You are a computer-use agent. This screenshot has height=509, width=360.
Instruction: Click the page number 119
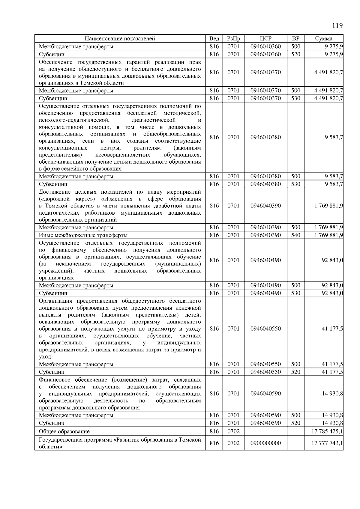[337, 25]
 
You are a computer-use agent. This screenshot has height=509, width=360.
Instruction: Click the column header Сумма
[324, 39]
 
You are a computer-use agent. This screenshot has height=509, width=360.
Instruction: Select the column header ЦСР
[265, 39]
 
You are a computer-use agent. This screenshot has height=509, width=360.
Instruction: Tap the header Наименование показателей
[120, 39]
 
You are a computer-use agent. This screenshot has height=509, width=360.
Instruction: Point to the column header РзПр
[233, 39]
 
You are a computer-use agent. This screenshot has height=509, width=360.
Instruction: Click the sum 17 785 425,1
[327, 431]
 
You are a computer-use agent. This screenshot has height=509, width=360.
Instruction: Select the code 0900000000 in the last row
[265, 443]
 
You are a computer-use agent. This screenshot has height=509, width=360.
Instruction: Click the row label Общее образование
[64, 431]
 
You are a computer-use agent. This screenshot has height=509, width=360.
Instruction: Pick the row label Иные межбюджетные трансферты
[83, 235]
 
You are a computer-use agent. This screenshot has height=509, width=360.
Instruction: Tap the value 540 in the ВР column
[295, 235]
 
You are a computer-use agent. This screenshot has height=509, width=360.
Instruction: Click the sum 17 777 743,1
[327, 443]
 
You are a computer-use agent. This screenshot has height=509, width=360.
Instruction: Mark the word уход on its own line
[45, 357]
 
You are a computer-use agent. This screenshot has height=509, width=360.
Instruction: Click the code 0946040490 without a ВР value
[265, 260]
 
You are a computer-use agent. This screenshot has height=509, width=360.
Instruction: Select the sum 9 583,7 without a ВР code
[334, 137]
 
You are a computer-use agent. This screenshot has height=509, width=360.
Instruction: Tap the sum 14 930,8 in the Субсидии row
[332, 423]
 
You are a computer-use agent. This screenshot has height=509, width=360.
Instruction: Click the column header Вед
[214, 39]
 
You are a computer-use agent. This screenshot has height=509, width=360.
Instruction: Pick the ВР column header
[295, 39]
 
